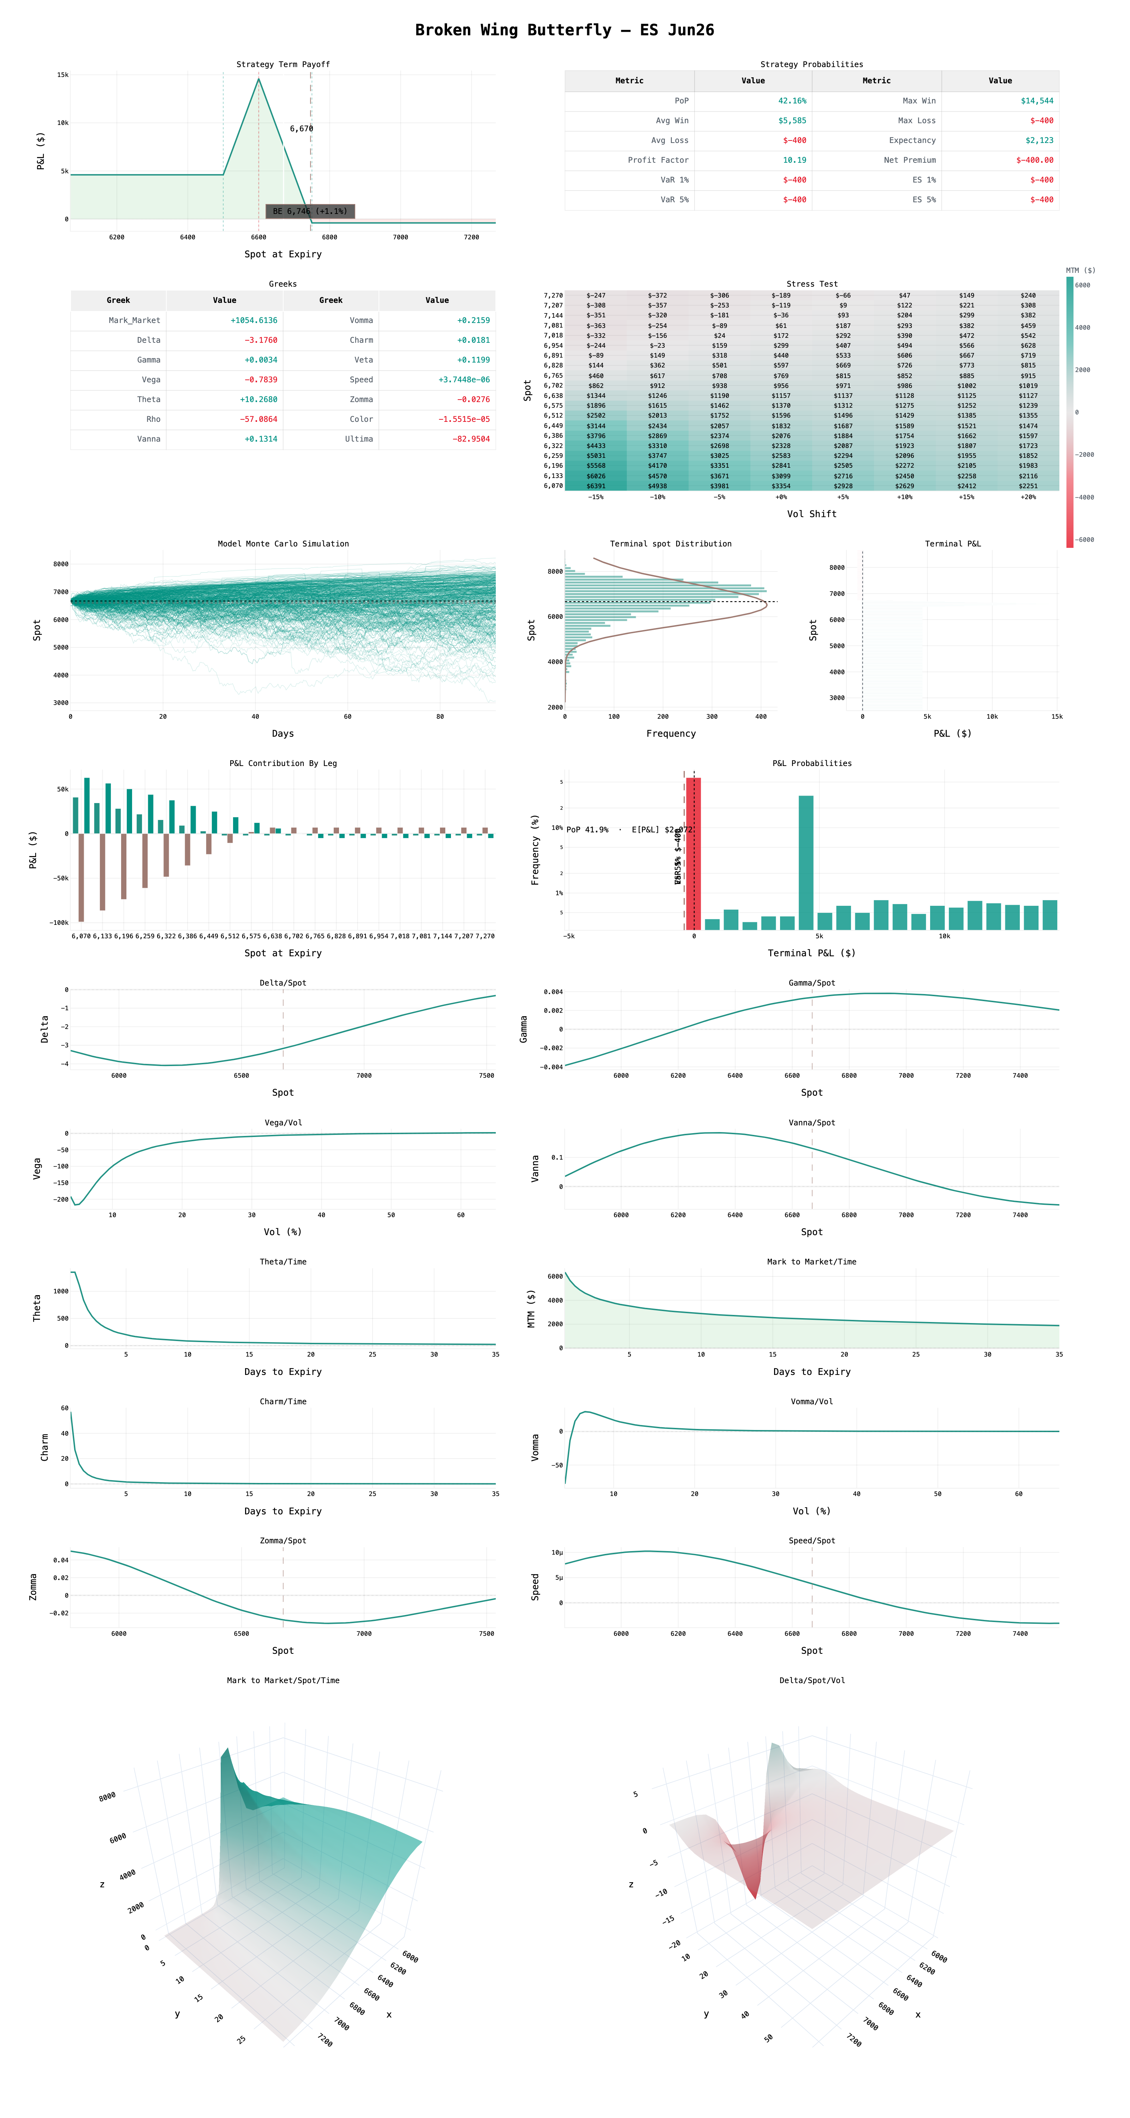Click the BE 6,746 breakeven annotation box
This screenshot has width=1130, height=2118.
click(310, 211)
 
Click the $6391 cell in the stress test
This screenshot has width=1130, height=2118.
click(595, 486)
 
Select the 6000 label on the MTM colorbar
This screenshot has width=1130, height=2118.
click(1082, 285)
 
